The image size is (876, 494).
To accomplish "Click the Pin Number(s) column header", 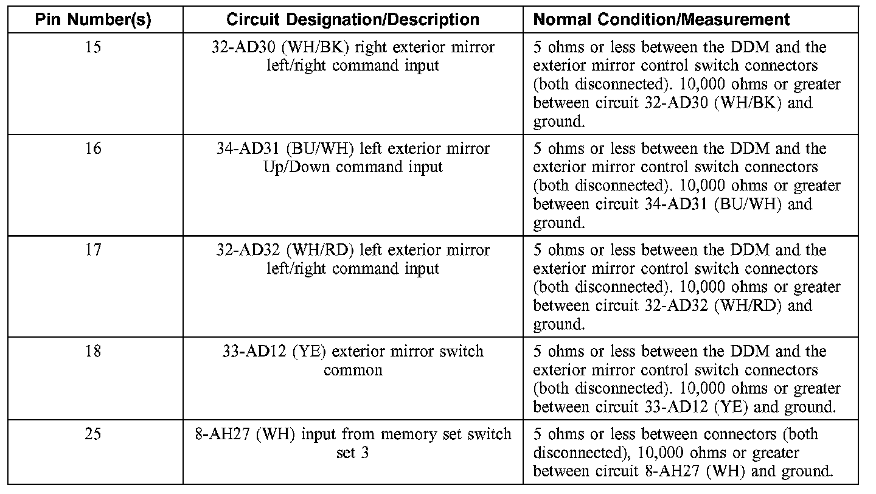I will pos(92,19).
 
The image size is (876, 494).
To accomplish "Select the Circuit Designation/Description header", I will pos(353,19).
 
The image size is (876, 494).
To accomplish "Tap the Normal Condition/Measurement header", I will pos(661,19).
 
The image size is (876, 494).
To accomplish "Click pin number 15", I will pos(93,47).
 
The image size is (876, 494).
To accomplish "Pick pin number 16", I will pos(93,148).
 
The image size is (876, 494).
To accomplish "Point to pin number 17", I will pos(93,250).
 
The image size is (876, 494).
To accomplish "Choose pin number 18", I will pos(93,352).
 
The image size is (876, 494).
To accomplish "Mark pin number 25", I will pos(93,434).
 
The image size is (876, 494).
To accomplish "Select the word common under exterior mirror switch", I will pos(353,370).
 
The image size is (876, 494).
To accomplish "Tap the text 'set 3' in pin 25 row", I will pos(353,453).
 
